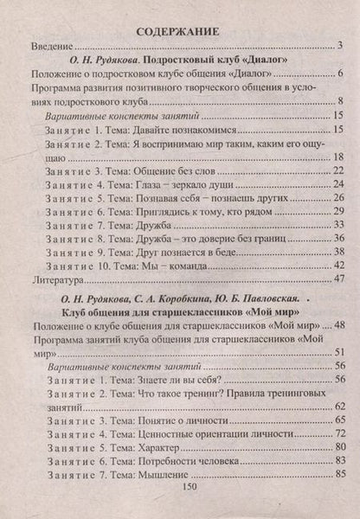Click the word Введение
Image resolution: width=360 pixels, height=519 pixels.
pyautogui.click(x=53, y=45)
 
